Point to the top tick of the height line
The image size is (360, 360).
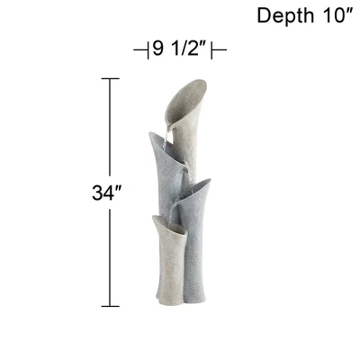pyautogui.click(x=110, y=79)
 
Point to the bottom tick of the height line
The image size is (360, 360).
pyautogui.click(x=110, y=306)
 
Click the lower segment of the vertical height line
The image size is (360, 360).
pyautogui.click(x=110, y=261)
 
